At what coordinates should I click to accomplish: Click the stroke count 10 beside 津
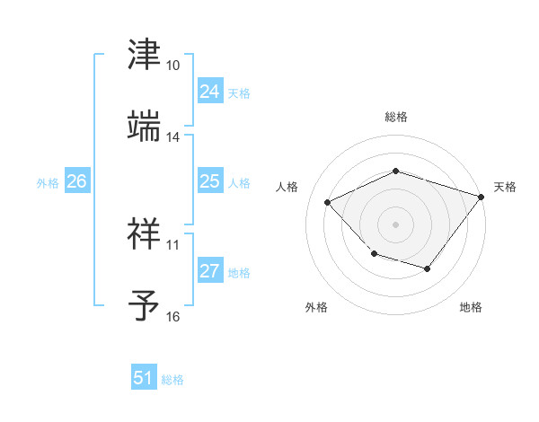[x=173, y=66]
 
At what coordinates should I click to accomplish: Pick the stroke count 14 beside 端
[x=173, y=137]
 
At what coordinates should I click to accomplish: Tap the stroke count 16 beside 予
[x=173, y=316]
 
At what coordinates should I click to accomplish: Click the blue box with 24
[x=209, y=92]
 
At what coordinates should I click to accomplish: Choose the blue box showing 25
[x=209, y=181]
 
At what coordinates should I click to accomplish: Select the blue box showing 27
[x=209, y=271]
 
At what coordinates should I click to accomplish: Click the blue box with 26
[x=76, y=181]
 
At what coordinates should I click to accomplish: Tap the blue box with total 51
[x=144, y=378]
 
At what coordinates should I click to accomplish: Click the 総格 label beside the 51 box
[x=172, y=380]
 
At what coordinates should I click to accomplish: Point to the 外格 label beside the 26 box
[x=48, y=183]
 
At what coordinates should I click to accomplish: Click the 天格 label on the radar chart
[x=505, y=187]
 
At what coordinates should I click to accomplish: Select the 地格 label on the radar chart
[x=471, y=307]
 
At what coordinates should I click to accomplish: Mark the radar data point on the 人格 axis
[x=328, y=203]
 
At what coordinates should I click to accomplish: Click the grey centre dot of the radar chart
[x=395, y=224]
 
